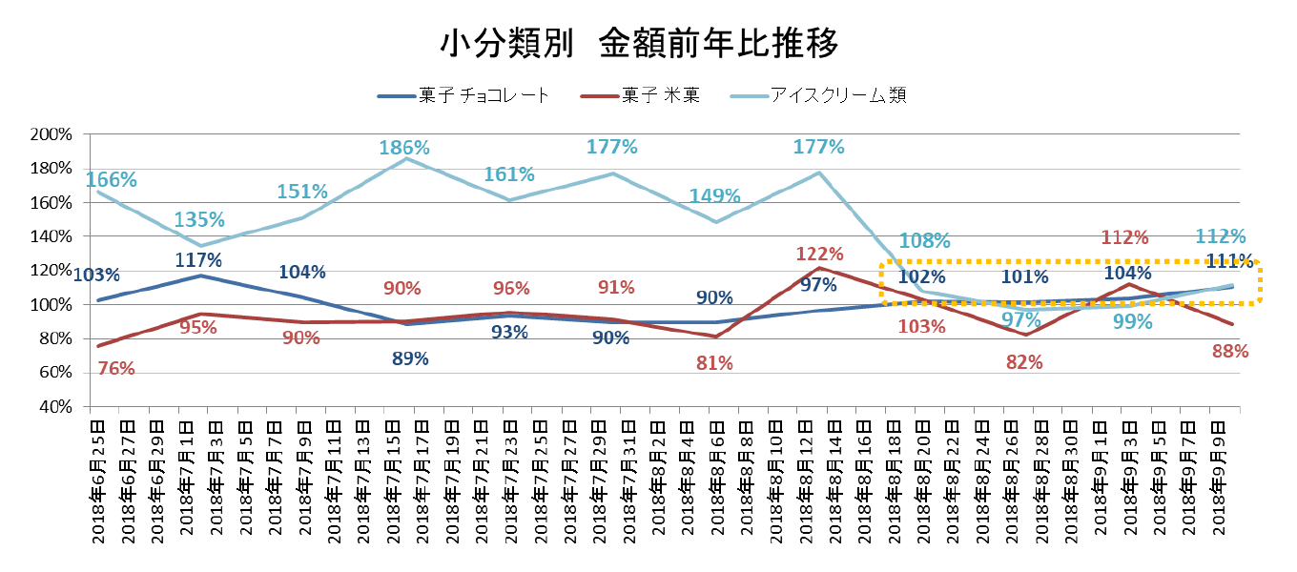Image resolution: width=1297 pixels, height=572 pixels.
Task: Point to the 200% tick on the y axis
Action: (x=52, y=134)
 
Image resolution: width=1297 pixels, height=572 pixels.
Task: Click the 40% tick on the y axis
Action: (x=56, y=407)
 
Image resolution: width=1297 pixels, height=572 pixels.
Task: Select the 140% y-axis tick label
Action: (x=52, y=236)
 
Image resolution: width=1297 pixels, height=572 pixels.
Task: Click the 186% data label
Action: (x=404, y=148)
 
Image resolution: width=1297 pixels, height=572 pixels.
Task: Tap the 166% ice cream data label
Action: (x=112, y=179)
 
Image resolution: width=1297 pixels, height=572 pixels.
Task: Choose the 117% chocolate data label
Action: (x=198, y=259)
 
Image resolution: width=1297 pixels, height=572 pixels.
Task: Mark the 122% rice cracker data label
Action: (x=819, y=254)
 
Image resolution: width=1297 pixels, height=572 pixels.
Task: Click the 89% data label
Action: (x=410, y=358)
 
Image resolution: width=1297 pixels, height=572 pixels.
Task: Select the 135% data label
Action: (x=199, y=220)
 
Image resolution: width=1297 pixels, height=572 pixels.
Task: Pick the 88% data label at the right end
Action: (x=1230, y=351)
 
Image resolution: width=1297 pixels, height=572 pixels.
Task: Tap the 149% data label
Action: (x=714, y=196)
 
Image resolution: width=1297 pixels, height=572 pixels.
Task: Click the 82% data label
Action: (x=1024, y=362)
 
